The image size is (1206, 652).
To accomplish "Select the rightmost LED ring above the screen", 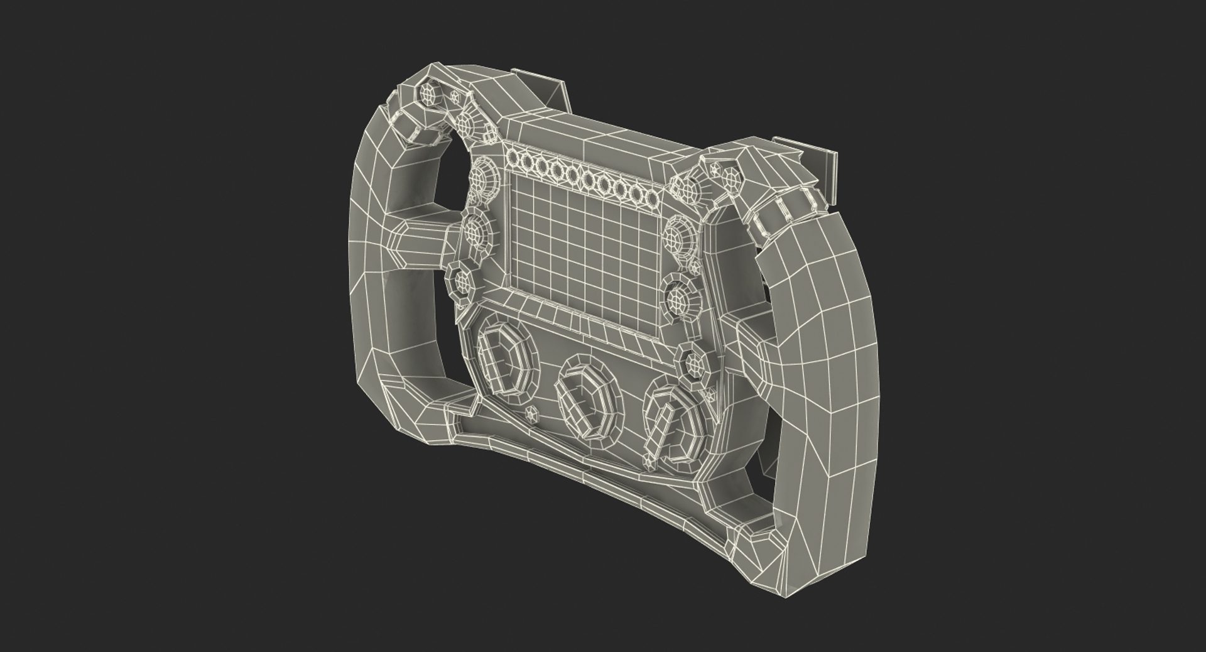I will (651, 198).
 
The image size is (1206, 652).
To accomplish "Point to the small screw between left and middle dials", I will (532, 413).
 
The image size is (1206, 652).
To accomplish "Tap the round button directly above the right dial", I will (693, 363).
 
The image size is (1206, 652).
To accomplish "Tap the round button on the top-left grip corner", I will (428, 94).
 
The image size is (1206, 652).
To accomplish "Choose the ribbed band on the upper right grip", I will (779, 210).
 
